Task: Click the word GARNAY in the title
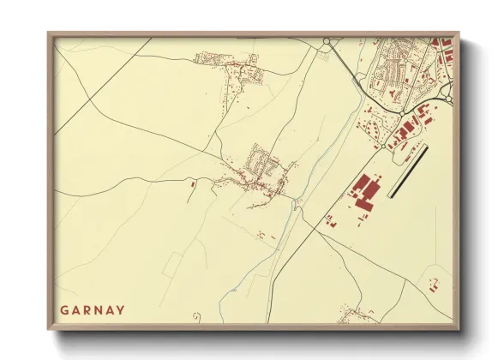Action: tap(93, 309)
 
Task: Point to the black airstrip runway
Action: tap(408, 171)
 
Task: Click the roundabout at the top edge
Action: tap(327, 41)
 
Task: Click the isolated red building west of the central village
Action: tap(193, 183)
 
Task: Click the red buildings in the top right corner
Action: tap(441, 47)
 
